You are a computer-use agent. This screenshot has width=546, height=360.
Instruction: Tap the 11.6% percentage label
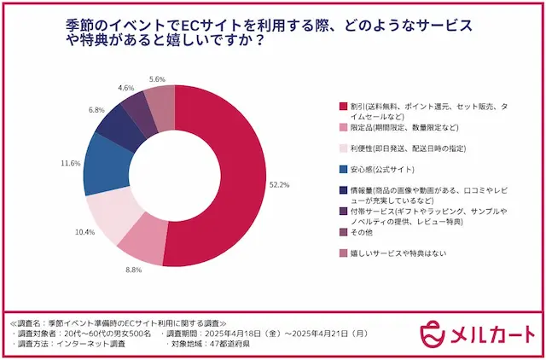[x=71, y=162]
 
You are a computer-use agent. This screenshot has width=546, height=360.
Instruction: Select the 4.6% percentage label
[x=125, y=87]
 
